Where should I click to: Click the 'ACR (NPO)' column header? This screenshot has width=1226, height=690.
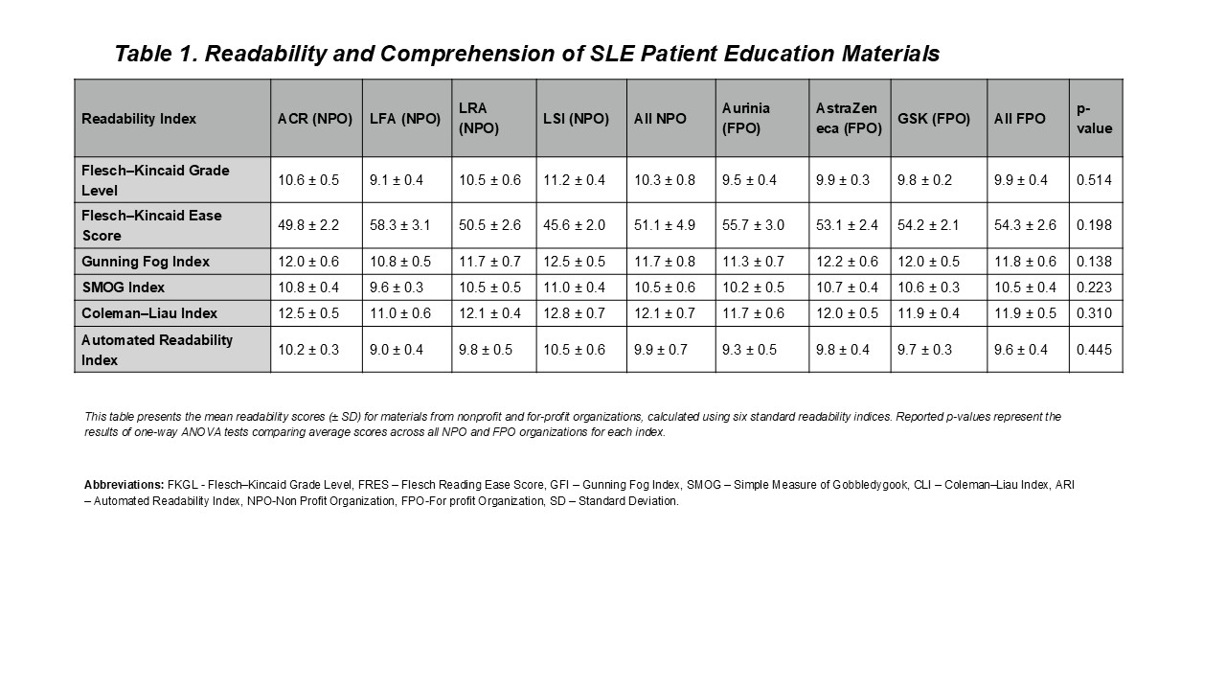315,119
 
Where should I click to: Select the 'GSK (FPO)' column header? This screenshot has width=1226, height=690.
934,119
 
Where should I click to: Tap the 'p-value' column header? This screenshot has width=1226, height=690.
1094,119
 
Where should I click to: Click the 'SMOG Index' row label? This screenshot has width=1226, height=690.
124,287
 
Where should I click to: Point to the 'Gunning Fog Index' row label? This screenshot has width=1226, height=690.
146,262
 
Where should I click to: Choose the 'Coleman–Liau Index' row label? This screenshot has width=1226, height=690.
149,313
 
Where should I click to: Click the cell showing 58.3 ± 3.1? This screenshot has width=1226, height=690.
401,225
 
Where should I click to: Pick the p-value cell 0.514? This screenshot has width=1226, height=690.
1094,180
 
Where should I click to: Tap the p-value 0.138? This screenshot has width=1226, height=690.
1094,262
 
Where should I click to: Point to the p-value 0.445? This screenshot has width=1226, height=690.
1094,350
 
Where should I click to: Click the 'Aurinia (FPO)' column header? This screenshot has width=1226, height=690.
746,119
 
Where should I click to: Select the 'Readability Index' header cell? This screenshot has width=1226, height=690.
139,119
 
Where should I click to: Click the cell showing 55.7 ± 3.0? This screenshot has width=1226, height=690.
753,225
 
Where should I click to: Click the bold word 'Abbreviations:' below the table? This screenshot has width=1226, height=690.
125,485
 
